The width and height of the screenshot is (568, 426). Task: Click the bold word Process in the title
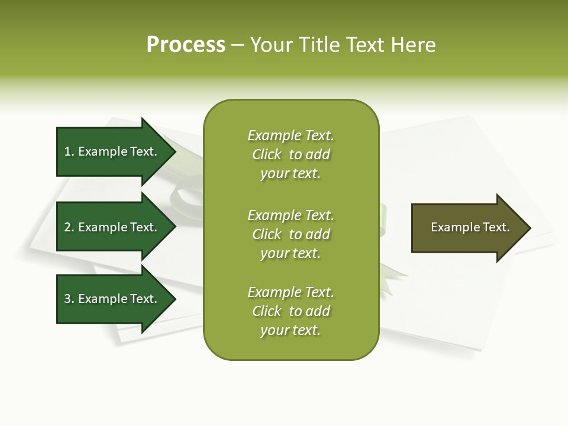(186, 45)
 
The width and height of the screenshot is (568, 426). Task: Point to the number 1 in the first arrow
(68, 151)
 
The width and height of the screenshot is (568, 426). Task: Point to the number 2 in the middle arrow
(68, 227)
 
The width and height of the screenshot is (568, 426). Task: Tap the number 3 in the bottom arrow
(68, 299)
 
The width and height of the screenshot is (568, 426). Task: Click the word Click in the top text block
(267, 154)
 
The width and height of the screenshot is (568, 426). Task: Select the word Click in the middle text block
(267, 234)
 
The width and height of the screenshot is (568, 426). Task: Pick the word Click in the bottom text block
(267, 311)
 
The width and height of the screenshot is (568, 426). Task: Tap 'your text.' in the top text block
(291, 174)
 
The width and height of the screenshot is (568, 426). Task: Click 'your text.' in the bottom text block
(291, 331)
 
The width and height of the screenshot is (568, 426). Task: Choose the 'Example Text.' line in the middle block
(291, 215)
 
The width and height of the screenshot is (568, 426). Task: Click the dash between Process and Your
(237, 46)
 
